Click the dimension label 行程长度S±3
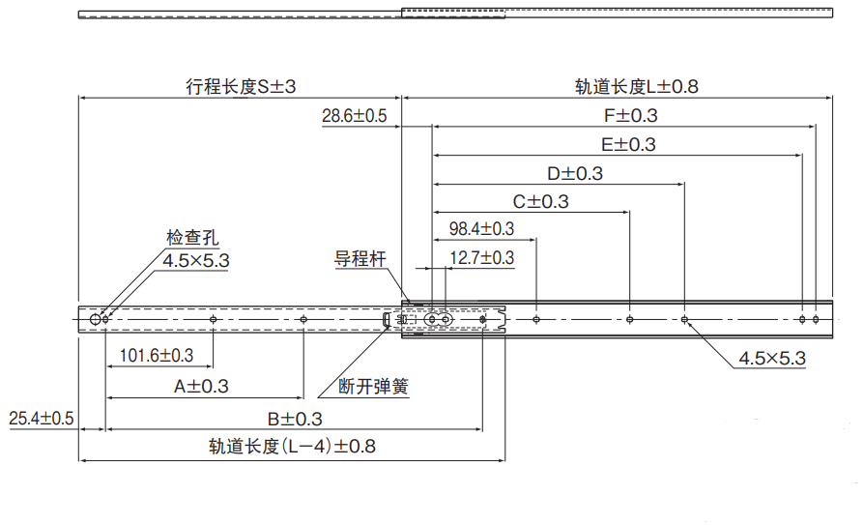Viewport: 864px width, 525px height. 241,86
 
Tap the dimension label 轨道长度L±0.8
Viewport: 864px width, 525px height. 636,86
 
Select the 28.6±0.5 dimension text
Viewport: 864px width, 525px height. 354,116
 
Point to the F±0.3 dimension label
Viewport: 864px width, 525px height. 630,115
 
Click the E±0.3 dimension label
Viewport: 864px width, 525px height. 627,145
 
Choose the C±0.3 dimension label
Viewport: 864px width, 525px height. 540,201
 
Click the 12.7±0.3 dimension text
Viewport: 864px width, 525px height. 482,258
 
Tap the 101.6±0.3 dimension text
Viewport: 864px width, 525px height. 156,356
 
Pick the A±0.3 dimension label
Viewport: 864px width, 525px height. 201,386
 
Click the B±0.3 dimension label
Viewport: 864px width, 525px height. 295,419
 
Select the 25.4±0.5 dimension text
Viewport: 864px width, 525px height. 42,419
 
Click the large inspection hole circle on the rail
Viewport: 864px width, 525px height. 95,318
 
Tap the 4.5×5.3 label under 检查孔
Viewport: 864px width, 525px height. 196,260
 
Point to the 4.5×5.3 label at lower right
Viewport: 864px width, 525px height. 772,359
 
